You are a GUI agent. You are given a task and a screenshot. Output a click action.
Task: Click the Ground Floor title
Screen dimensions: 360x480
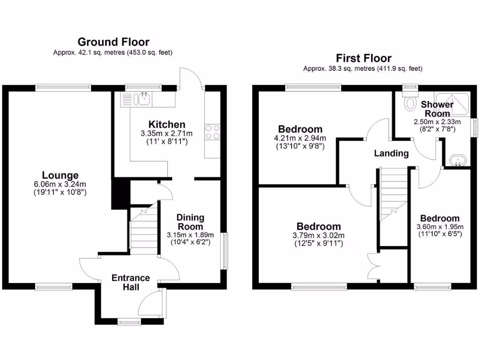coord(113,42)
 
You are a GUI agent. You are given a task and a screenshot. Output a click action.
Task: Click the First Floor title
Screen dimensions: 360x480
coord(363,58)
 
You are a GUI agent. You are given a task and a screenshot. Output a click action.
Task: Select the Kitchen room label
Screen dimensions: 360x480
coord(166,124)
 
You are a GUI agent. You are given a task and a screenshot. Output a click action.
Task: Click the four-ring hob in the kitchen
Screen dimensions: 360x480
coord(212,131)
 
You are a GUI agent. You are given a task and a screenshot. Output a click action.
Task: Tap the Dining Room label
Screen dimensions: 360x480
coord(190,222)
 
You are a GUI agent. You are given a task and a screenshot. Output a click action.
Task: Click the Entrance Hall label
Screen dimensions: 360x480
coord(130,282)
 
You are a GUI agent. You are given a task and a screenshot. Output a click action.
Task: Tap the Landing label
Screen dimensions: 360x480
coord(391,153)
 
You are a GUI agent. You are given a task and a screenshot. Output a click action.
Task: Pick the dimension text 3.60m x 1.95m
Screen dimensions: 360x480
coord(439,226)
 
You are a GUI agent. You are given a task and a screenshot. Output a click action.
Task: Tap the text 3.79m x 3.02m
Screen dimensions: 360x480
coord(318,235)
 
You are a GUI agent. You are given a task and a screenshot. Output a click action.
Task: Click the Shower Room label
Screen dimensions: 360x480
coord(437,109)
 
